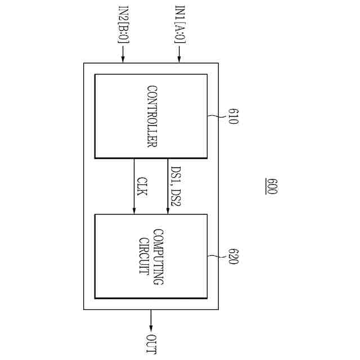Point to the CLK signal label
tap(142, 186)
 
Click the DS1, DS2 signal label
tap(175, 186)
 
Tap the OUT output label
tap(151, 344)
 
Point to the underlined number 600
tap(271, 187)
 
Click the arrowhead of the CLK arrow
tap(134, 210)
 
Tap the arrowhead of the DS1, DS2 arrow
tap(168, 210)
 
